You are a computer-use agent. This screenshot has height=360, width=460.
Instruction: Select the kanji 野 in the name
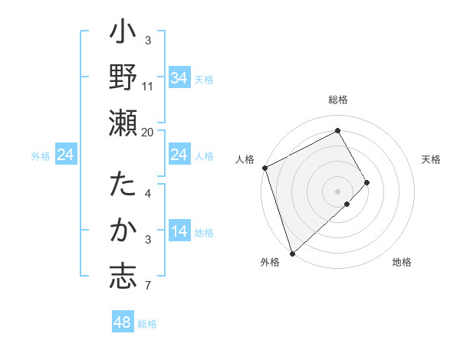click(x=123, y=77)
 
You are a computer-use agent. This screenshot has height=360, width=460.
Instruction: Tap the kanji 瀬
click(x=123, y=123)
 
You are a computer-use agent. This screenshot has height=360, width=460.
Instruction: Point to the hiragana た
click(x=123, y=186)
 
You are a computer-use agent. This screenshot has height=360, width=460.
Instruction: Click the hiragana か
click(x=123, y=231)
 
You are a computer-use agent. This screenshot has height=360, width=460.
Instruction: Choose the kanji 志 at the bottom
click(x=123, y=277)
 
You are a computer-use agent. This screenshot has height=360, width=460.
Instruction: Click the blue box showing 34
click(x=179, y=77)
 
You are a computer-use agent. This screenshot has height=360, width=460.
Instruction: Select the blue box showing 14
click(x=179, y=231)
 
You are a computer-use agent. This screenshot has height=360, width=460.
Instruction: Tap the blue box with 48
click(x=123, y=322)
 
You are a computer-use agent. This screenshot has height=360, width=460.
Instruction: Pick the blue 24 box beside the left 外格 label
click(x=65, y=155)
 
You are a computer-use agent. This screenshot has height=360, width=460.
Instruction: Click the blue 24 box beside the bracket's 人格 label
click(x=179, y=155)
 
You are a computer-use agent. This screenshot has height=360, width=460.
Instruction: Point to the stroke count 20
click(x=148, y=132)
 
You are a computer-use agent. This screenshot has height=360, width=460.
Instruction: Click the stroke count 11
click(x=148, y=86)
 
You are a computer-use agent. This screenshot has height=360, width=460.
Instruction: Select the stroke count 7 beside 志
click(x=148, y=286)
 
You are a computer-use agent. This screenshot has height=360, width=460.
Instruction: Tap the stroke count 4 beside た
click(x=148, y=193)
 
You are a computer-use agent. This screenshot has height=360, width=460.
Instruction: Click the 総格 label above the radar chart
click(x=338, y=100)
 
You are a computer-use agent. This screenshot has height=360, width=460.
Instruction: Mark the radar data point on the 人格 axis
click(x=264, y=168)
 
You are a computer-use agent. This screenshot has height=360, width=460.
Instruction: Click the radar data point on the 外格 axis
click(x=292, y=253)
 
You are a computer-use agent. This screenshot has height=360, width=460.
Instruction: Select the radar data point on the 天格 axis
click(x=367, y=182)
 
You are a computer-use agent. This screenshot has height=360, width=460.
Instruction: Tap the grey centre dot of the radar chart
click(x=338, y=191)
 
